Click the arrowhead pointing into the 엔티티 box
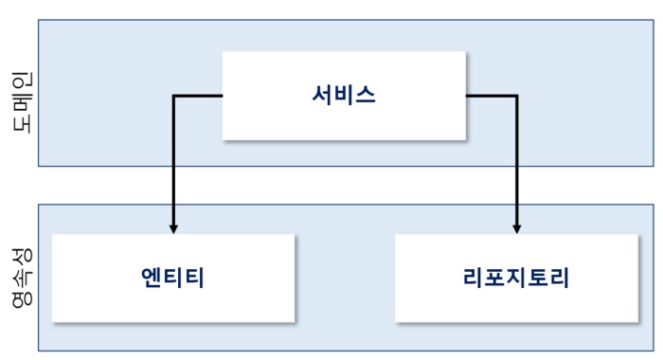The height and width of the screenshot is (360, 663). point(172,228)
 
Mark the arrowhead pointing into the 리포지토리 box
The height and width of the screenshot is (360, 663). point(517,228)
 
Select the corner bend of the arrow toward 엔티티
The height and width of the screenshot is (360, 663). point(172,96)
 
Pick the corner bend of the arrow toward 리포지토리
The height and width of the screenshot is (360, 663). point(517,96)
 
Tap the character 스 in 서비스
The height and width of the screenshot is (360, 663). point(366,95)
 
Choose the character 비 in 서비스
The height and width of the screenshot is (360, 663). point(344,95)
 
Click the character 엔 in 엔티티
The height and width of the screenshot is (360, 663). point(151,279)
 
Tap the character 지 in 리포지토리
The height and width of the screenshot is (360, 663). point(518,279)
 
